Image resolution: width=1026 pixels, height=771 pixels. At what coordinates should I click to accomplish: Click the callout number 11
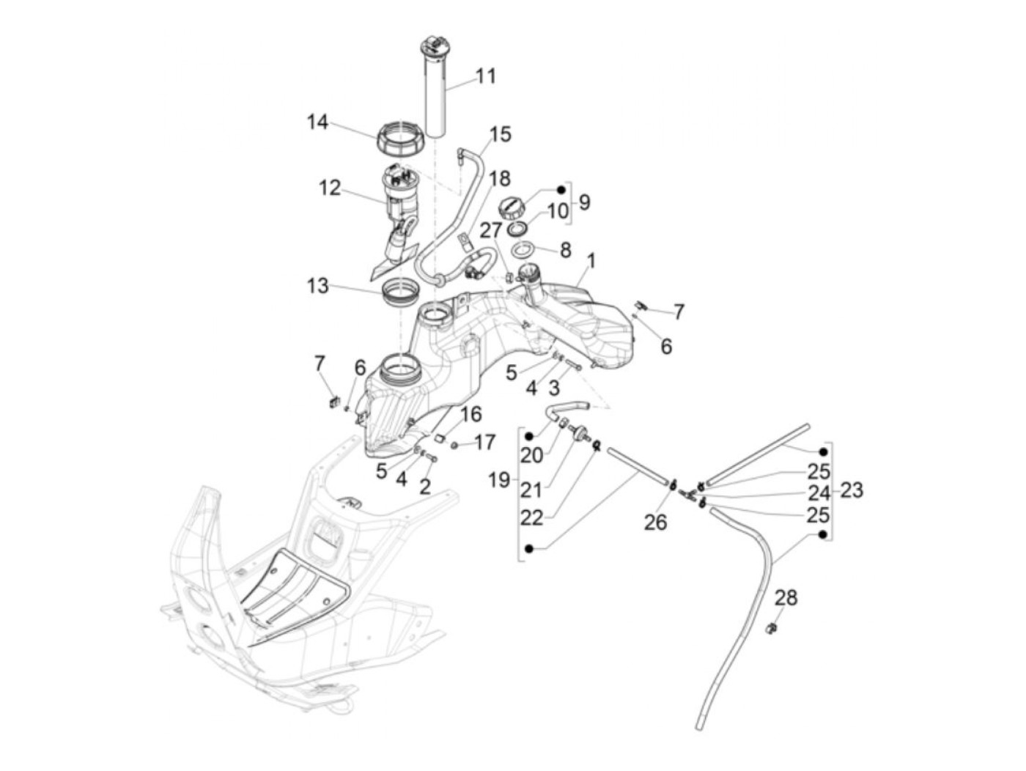(485, 76)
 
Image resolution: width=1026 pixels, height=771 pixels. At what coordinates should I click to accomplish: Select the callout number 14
(317, 122)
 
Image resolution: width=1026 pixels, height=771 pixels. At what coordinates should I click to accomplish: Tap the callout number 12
(330, 188)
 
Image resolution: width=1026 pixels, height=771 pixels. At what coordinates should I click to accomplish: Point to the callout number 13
(318, 285)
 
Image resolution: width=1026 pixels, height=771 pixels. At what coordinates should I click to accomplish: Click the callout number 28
(786, 597)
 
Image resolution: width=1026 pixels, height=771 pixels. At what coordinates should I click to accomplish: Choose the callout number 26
(655, 523)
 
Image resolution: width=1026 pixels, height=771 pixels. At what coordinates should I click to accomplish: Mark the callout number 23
(852, 490)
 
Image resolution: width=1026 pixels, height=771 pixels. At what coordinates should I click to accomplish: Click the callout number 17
(484, 442)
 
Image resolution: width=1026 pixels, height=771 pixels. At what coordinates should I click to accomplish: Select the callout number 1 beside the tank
(591, 261)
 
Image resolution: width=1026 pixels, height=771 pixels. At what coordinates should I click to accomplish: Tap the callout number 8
(565, 251)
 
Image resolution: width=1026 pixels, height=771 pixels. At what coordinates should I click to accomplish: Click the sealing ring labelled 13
(402, 295)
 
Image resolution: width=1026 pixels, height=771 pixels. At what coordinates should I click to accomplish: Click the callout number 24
(819, 493)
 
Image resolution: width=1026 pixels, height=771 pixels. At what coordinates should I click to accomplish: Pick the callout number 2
(425, 487)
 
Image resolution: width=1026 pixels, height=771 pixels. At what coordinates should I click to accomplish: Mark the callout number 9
(584, 202)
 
